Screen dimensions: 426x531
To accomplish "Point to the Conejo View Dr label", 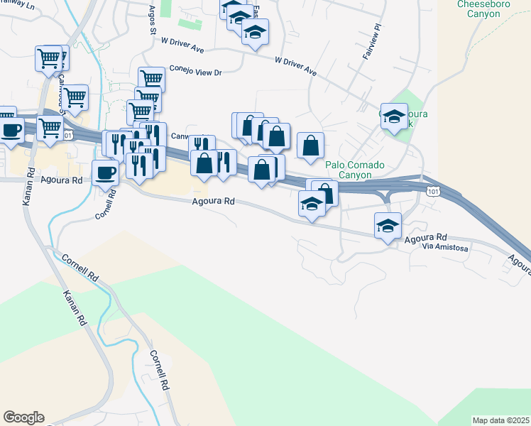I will tap(195, 72).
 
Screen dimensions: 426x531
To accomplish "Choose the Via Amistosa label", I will tap(445, 247).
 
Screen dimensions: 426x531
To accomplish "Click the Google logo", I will tap(23, 417).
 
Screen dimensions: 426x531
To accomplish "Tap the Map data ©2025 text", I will tap(501, 420).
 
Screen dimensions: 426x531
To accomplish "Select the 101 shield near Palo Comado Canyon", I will tap(432, 190).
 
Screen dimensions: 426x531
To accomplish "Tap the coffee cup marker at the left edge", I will tap(11, 130).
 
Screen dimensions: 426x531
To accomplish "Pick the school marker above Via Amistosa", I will tap(388, 225).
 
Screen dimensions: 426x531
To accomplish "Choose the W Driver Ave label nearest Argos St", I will tap(182, 45).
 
